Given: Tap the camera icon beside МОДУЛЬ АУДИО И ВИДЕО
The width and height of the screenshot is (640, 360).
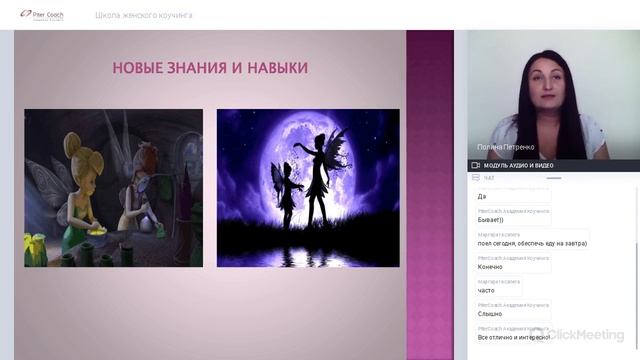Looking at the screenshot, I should [x=476, y=165].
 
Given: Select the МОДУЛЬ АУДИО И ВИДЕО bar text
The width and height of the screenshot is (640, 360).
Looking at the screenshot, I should [x=518, y=165].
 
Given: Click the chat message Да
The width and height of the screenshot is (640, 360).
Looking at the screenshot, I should [x=482, y=197].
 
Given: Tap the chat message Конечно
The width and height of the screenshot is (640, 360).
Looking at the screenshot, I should [x=490, y=267].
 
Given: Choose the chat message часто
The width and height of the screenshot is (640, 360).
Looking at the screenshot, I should [x=487, y=290].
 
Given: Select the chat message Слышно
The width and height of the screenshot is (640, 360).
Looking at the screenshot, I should [x=489, y=314].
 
